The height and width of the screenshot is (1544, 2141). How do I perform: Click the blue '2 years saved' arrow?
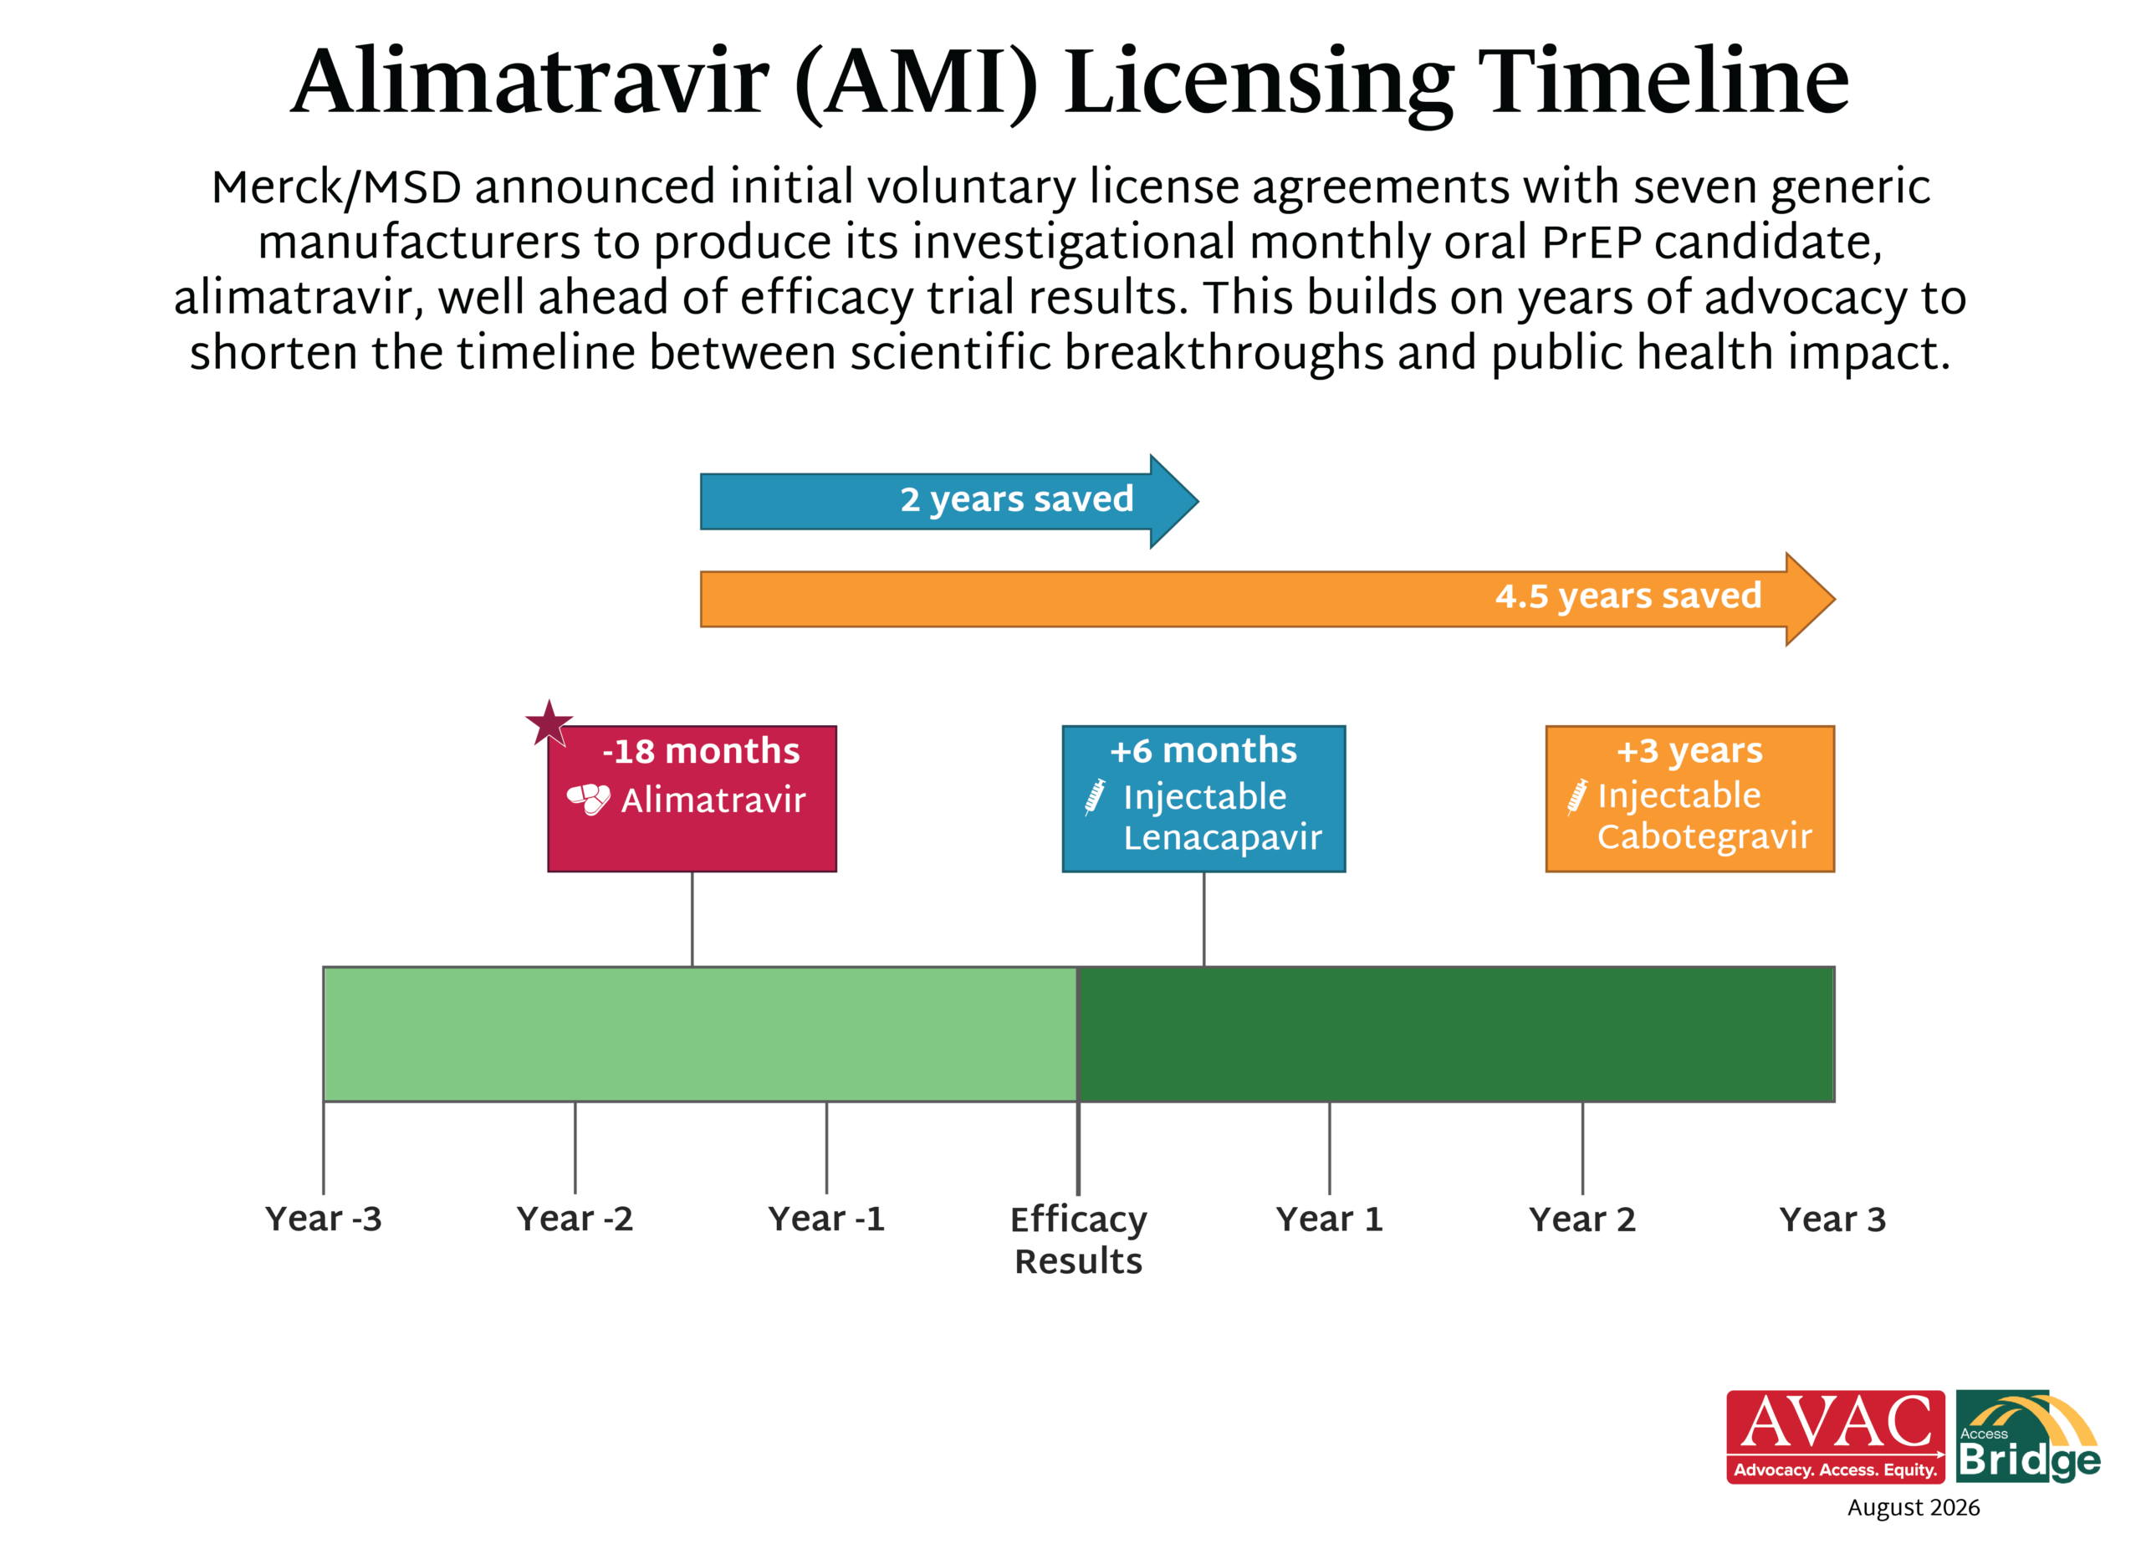pyautogui.click(x=948, y=502)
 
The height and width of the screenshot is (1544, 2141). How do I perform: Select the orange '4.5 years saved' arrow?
pyautogui.click(x=1267, y=599)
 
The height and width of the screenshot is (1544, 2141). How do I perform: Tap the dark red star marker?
pyautogui.click(x=549, y=724)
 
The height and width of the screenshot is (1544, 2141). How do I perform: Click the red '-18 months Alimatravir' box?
pyautogui.click(x=692, y=799)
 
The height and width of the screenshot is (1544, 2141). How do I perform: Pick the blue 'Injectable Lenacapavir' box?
pyautogui.click(x=1203, y=799)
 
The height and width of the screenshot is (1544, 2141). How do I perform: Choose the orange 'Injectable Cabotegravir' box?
pyautogui.click(x=1689, y=799)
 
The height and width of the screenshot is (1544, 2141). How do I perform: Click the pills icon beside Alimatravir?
pyautogui.click(x=589, y=799)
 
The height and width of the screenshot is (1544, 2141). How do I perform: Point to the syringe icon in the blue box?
pyautogui.click(x=1095, y=797)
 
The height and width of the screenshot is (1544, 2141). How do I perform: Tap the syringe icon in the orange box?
pyautogui.click(x=1577, y=796)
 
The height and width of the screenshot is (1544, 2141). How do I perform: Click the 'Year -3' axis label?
pyautogui.click(x=324, y=1219)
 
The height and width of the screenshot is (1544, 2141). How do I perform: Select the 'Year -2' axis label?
pyautogui.click(x=575, y=1219)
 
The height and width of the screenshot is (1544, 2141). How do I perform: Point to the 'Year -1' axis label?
pyautogui.click(x=827, y=1219)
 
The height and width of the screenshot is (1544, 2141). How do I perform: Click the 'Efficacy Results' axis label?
pyautogui.click(x=1078, y=1240)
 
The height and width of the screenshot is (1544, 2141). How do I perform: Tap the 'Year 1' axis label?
pyautogui.click(x=1329, y=1219)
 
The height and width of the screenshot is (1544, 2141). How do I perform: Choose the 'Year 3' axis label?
pyautogui.click(x=1832, y=1219)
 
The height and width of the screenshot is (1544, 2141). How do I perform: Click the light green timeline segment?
pyautogui.click(x=701, y=1034)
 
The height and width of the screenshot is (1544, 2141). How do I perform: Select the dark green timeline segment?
pyautogui.click(x=1457, y=1034)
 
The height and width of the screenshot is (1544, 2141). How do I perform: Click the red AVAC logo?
pyautogui.click(x=1835, y=1436)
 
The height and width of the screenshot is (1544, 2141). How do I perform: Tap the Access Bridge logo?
pyautogui.click(x=2028, y=1436)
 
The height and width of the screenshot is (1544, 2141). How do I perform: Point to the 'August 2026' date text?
pyautogui.click(x=1914, y=1508)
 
